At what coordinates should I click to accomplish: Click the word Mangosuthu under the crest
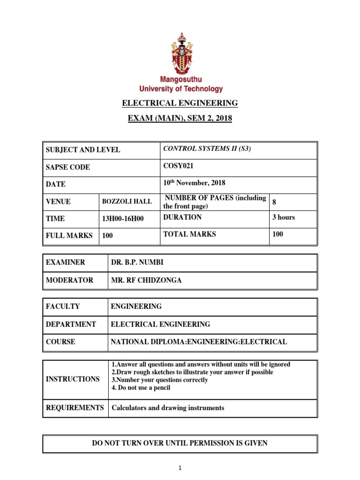180,80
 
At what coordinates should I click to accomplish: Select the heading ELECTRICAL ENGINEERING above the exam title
180,103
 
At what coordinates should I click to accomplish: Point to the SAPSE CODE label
68,167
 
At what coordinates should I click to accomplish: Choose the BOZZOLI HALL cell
127,202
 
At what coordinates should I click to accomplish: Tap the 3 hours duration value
284,217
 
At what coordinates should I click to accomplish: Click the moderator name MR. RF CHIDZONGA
146,280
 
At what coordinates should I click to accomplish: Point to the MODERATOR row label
69,280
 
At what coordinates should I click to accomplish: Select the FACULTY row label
63,307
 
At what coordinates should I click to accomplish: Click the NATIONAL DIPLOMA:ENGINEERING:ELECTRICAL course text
198,342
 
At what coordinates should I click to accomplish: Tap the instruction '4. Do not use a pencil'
141,388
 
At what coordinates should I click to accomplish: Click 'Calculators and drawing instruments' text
167,408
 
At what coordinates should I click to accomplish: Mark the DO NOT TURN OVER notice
180,443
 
